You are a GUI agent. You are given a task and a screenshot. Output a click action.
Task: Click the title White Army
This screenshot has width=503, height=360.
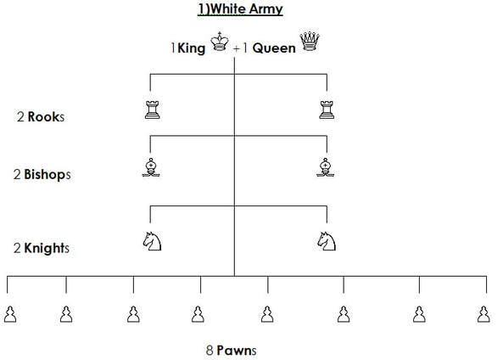tap(240, 8)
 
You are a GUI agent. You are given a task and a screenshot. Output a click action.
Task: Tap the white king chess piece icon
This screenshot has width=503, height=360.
tap(220, 42)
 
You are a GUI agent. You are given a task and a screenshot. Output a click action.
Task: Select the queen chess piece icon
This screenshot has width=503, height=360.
tap(310, 41)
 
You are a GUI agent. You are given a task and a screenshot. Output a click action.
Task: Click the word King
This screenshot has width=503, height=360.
tap(191, 48)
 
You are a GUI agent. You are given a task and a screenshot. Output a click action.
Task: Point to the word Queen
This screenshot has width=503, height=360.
tap(274, 48)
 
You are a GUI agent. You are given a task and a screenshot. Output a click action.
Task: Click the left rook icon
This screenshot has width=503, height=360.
tap(152, 110)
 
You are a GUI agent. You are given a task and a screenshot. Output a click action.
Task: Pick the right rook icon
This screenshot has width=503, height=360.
tap(327, 110)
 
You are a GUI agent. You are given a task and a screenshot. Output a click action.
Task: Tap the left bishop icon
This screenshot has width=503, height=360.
tap(151, 167)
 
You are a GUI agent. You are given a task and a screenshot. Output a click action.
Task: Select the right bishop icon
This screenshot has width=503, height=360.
tap(325, 167)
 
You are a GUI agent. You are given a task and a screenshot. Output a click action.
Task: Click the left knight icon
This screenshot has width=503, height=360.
tap(152, 241)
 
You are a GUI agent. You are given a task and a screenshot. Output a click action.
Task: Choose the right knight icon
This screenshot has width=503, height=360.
tap(327, 241)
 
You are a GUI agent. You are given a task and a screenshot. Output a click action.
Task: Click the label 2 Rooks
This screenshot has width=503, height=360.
tap(41, 116)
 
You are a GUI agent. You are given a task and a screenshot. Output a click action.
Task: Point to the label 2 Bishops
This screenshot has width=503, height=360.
tap(42, 174)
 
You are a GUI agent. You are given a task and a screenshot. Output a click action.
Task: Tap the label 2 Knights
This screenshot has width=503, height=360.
tap(42, 248)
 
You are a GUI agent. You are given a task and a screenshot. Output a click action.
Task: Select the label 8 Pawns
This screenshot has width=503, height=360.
tap(231, 350)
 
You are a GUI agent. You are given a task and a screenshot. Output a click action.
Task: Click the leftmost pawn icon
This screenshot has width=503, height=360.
tap(10, 314)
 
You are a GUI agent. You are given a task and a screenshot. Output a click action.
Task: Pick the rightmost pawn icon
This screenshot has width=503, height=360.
tap(483, 314)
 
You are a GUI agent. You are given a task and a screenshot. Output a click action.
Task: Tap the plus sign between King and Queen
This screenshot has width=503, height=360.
tap(237, 48)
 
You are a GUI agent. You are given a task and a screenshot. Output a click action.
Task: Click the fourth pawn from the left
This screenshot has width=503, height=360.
tap(198, 314)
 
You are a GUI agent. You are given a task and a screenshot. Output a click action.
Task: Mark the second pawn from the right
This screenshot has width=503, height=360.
tap(419, 314)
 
